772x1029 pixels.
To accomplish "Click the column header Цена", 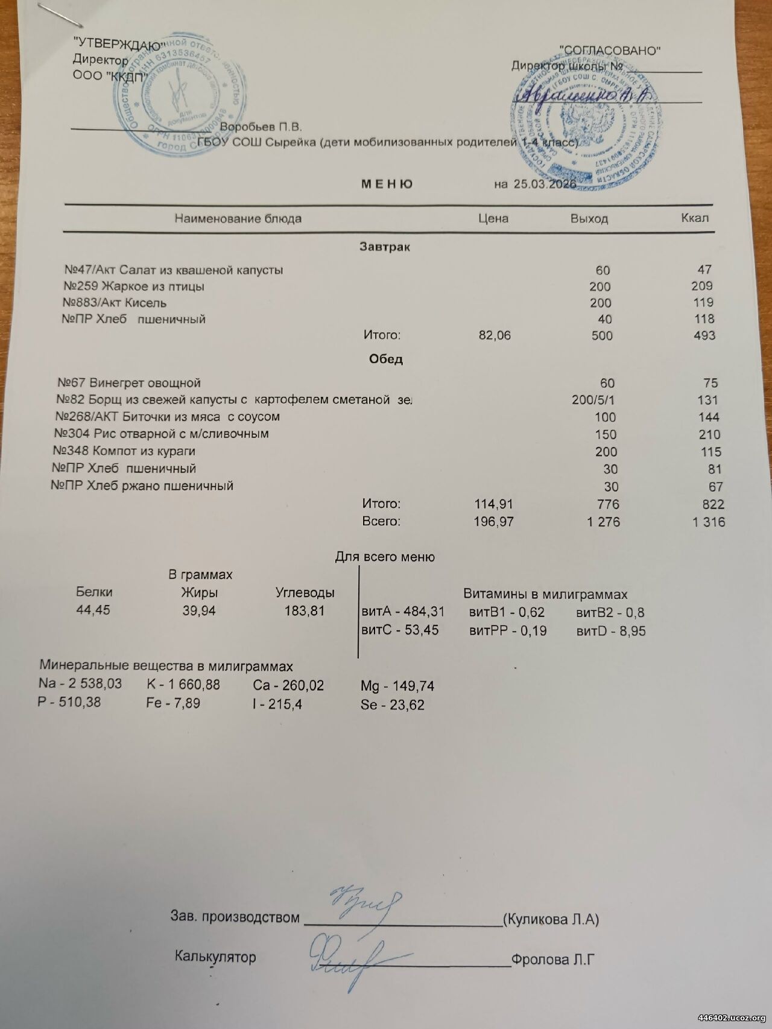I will click(493, 218).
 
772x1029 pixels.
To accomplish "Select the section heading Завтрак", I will click(385, 247).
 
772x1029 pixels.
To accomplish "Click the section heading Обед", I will click(385, 359).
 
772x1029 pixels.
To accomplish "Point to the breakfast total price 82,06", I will click(495, 335).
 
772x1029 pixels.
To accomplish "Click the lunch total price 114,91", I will click(494, 504).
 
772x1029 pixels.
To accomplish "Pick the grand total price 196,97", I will click(494, 522).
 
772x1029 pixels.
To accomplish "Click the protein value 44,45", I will click(93, 610).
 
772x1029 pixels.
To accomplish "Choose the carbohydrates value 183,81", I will click(305, 611).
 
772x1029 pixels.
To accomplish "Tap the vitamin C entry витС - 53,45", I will click(399, 630).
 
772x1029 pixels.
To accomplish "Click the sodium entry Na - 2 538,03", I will click(80, 684).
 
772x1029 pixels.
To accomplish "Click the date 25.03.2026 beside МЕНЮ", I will click(545, 185).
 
